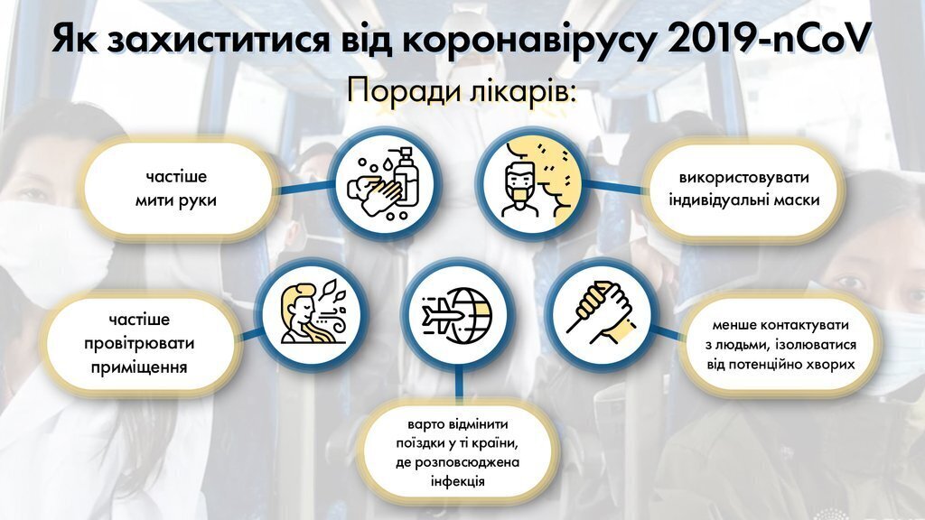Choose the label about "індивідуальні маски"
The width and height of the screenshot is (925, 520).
[744, 190]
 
